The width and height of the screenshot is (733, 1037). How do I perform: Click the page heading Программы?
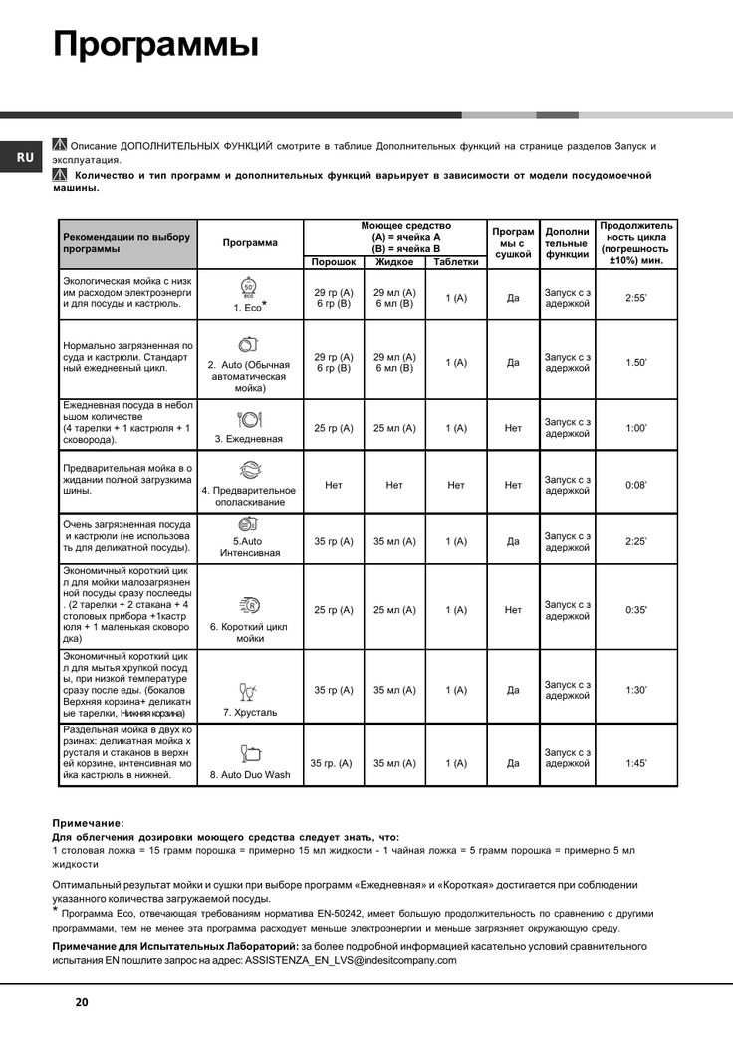point(155,45)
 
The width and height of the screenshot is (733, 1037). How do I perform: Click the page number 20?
point(81,1002)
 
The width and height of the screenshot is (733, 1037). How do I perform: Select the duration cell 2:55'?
point(636,298)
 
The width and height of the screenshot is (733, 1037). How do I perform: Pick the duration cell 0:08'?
point(636,485)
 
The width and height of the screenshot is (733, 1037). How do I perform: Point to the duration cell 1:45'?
point(636,763)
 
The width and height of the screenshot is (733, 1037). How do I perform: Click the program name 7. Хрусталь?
point(250,713)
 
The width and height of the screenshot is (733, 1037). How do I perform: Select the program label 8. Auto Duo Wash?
point(250,774)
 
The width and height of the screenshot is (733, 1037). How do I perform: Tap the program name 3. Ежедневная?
point(249,438)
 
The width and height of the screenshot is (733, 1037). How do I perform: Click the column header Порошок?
point(334,262)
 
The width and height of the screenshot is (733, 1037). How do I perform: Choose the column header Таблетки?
point(456,262)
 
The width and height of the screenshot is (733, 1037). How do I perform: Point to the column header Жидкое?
point(394,262)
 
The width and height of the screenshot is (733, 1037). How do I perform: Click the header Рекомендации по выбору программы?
point(126,243)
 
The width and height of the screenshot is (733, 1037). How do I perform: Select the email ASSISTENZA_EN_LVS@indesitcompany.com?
point(351,960)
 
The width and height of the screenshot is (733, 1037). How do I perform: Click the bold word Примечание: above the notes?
point(88,823)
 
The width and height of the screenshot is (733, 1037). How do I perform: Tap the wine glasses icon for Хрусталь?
point(248,690)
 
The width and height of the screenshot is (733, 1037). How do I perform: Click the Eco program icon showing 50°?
point(249,288)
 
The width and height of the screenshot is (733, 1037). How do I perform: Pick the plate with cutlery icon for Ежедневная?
point(248,419)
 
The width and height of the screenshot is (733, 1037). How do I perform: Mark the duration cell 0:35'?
point(636,610)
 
